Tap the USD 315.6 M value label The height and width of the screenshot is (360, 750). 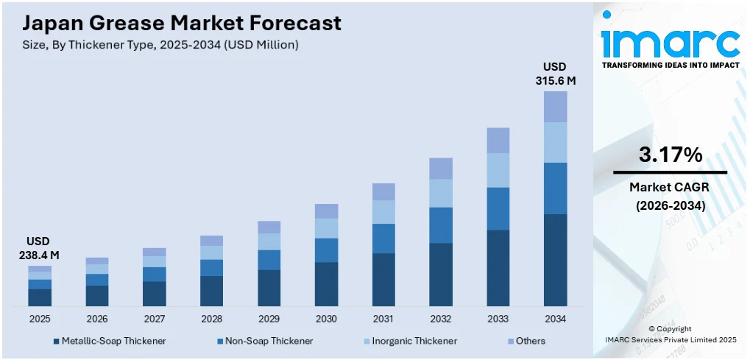click(x=555, y=74)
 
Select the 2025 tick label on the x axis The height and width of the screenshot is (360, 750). click(x=40, y=319)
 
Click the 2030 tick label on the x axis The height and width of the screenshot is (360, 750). click(x=326, y=319)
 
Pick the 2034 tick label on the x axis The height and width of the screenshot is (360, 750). click(x=555, y=319)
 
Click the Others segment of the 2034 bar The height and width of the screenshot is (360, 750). click(x=555, y=107)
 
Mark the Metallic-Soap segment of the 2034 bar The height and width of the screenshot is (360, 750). click(x=555, y=260)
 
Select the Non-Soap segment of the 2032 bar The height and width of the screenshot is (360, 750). click(x=440, y=225)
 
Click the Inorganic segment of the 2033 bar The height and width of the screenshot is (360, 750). click(x=498, y=170)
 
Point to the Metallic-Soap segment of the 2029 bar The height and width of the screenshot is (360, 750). click(x=269, y=288)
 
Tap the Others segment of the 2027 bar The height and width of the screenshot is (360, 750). click(x=154, y=252)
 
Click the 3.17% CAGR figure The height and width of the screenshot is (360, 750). click(x=670, y=155)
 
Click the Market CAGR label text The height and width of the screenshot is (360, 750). click(x=670, y=188)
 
